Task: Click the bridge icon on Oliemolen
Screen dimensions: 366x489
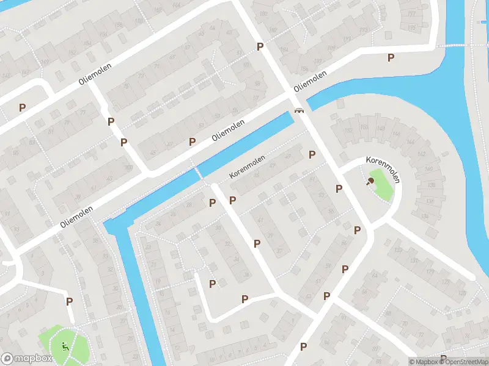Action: pos(299,110)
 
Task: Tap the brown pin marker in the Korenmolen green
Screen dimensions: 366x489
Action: pos(370,181)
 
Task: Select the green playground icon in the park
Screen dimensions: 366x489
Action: pos(65,346)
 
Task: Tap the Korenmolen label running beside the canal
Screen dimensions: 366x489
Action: pos(248,167)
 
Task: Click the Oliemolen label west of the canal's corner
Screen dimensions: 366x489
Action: pos(77,217)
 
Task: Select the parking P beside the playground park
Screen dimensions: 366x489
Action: pos(69,301)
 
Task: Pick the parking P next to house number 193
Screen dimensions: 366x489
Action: pos(391,57)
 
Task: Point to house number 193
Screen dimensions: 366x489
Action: pos(364,30)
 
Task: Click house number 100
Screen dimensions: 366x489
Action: pos(128,167)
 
